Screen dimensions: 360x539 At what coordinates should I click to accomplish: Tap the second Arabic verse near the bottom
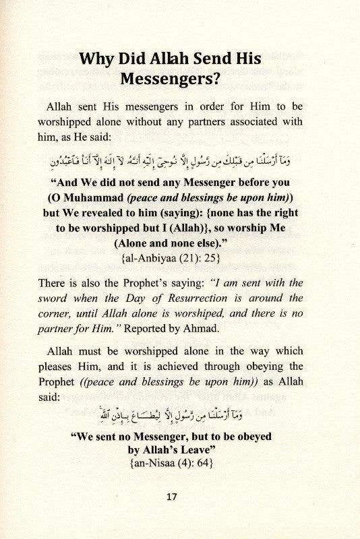click(181, 413)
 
